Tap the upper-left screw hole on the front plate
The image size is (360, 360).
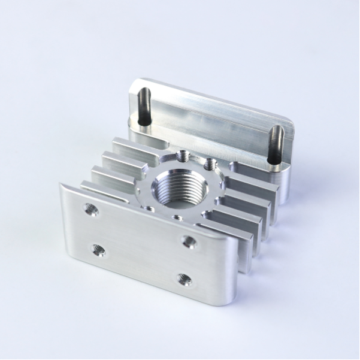pyautogui.click(x=91, y=209)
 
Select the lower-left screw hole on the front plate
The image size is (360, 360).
pyautogui.click(x=98, y=249)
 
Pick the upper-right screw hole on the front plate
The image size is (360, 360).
pyautogui.click(x=189, y=241)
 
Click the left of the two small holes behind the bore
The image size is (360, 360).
pyautogui.click(x=184, y=157)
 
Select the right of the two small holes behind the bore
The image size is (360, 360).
pyautogui.click(x=209, y=163)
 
